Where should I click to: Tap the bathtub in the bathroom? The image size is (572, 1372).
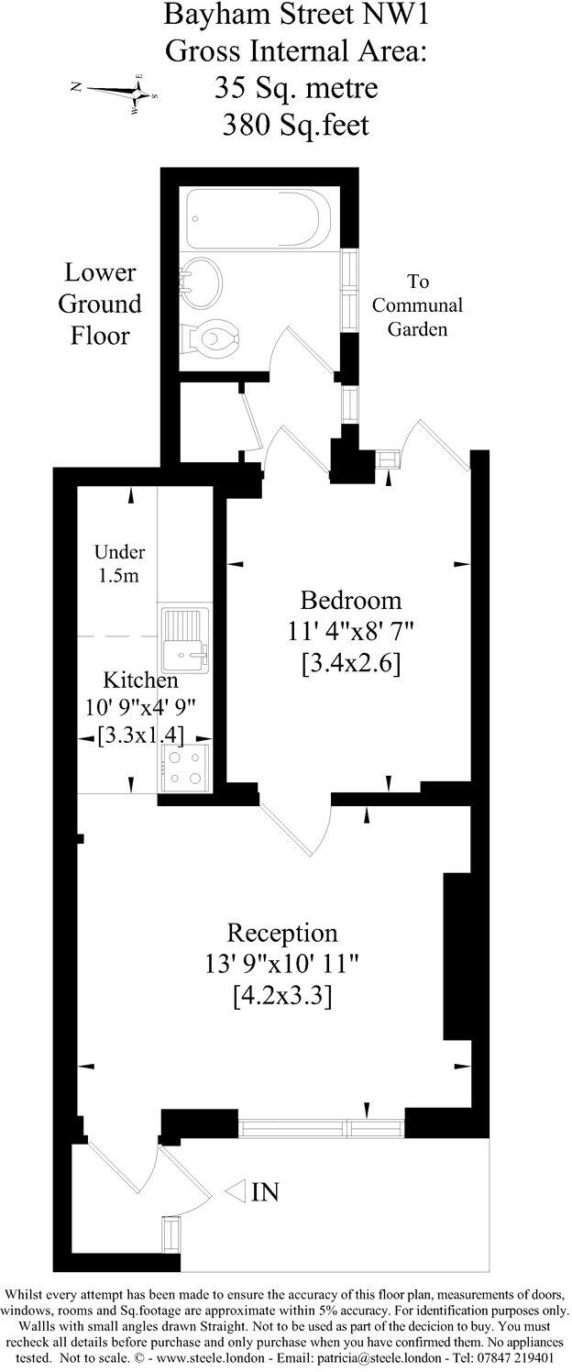coord(257,216)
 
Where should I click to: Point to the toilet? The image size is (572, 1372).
coord(213,338)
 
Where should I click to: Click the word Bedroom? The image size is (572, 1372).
coord(351,601)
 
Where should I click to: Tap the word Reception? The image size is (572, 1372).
coord(282,934)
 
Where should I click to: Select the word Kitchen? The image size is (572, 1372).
coord(140,681)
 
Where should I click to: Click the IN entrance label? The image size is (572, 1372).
coord(265,1192)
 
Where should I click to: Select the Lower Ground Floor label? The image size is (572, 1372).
coord(101,304)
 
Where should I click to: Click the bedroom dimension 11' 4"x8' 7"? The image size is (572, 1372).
coord(351,632)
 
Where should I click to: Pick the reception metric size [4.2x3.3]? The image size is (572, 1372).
coord(282,994)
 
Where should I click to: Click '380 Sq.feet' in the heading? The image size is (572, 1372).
coord(296,123)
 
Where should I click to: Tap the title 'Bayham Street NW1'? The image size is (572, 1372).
coord(295,16)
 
